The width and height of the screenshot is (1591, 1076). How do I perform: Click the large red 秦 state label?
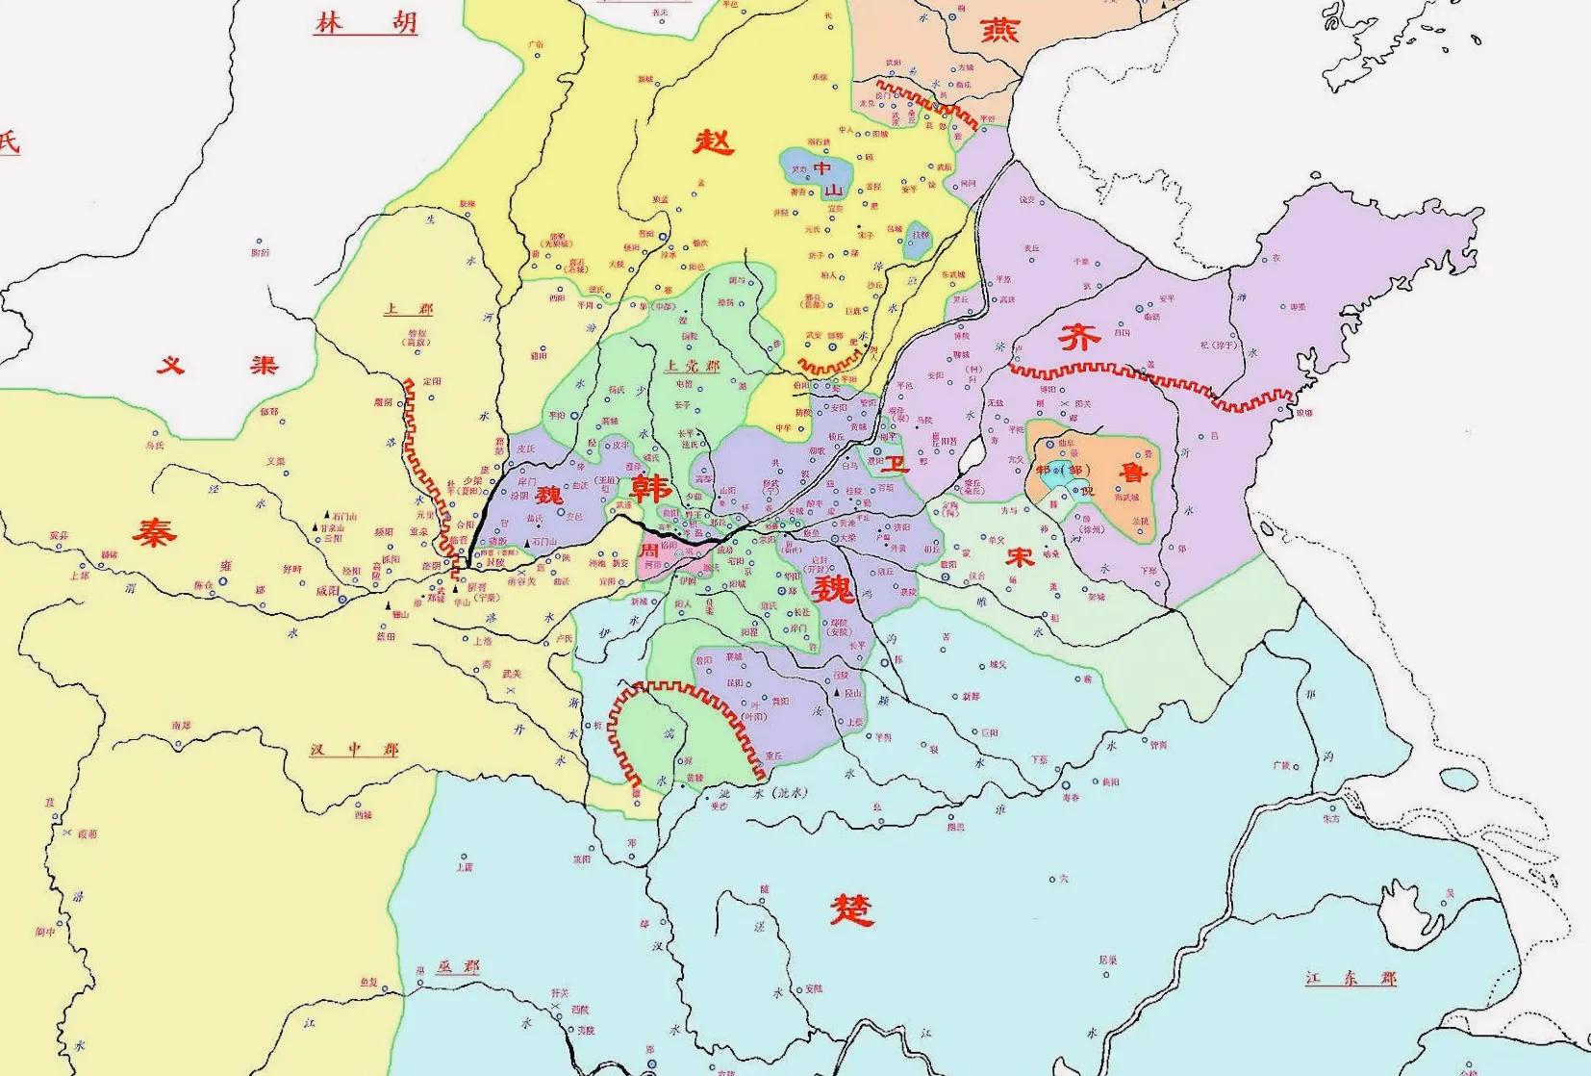tap(155, 530)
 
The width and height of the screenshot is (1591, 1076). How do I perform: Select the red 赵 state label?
tap(714, 142)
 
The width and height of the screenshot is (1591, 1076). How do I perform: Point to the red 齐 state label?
tap(1078, 338)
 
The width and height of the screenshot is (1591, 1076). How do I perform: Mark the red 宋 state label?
tap(1021, 556)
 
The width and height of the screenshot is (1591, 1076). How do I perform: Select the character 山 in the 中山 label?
tap(833, 190)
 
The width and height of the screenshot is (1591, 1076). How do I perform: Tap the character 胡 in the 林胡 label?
tap(402, 23)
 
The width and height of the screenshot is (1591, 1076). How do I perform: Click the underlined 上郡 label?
tap(408, 309)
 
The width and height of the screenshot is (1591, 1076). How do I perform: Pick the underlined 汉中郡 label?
tap(353, 749)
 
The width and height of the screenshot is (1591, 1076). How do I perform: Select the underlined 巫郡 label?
tap(457, 966)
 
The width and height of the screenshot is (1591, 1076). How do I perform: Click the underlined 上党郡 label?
tap(692, 366)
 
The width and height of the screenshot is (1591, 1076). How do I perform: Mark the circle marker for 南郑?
tap(178, 743)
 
